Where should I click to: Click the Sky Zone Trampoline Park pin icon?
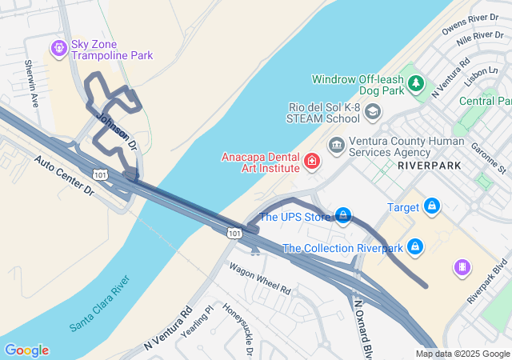click(58, 49)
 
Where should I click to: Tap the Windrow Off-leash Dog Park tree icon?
click(415, 82)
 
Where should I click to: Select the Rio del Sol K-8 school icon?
click(372, 112)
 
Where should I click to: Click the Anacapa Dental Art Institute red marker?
click(311, 162)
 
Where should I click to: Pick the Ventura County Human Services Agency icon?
click(335, 145)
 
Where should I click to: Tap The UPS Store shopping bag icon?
click(342, 215)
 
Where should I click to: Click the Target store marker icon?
click(432, 206)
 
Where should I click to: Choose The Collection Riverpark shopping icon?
click(414, 246)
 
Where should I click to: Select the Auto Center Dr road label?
click(64, 176)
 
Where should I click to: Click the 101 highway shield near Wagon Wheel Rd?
click(233, 232)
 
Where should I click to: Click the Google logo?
click(26, 350)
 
